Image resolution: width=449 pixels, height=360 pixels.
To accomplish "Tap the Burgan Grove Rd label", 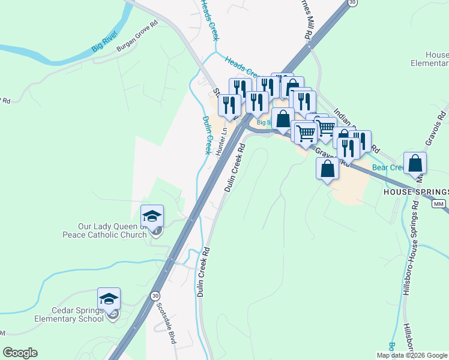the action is pyautogui.click(x=137, y=37).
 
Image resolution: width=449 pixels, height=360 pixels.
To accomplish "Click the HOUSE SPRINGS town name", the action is pyautogui.click(x=416, y=192).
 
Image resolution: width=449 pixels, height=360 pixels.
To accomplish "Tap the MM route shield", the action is pyautogui.click(x=440, y=205).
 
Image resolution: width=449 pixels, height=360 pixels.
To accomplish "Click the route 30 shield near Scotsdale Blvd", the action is pyautogui.click(x=155, y=296).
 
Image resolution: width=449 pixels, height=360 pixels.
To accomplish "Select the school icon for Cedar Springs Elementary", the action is pyautogui.click(x=109, y=299).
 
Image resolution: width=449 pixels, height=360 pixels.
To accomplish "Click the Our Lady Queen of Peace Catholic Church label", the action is pyautogui.click(x=113, y=230).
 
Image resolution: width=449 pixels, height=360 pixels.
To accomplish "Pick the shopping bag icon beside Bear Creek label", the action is pyautogui.click(x=415, y=163).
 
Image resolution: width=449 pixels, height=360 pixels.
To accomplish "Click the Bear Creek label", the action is pyautogui.click(x=388, y=168).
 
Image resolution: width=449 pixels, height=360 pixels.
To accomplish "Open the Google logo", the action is pyautogui.click(x=20, y=353).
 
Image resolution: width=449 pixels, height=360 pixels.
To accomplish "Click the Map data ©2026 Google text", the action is pyautogui.click(x=412, y=355).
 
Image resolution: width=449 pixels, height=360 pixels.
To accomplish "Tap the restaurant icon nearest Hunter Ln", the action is pyautogui.click(x=229, y=106).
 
